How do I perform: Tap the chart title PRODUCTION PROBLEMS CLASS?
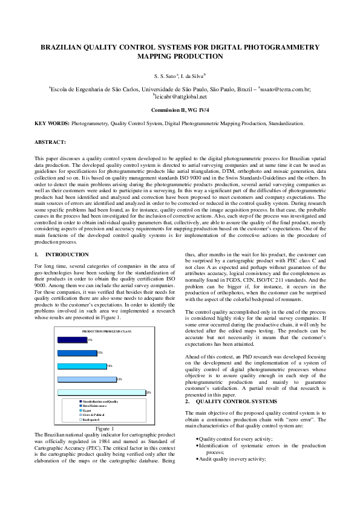[x=106, y=332]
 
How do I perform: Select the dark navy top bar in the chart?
[x=72, y=340]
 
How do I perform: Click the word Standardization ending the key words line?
[x=285, y=123]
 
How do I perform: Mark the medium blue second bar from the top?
[x=77, y=353]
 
